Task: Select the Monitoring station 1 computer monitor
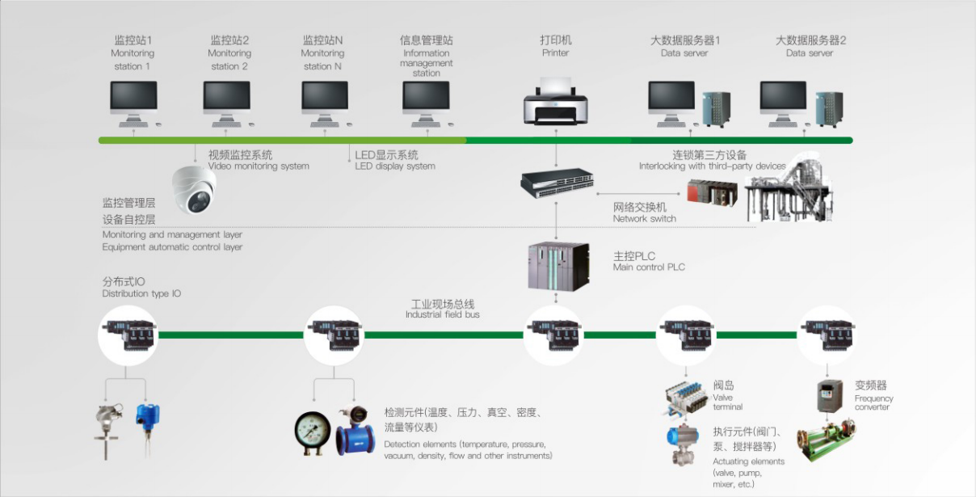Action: coord(134,99)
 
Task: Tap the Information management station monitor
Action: coord(426,99)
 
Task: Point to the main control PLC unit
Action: coord(557,265)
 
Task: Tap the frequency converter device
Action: coord(831,395)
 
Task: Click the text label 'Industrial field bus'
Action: coord(442,314)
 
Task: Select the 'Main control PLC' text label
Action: coord(649,267)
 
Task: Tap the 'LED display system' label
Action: coord(395,166)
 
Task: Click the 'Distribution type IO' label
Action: coord(141,294)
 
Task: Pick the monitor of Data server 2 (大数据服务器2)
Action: coord(784,99)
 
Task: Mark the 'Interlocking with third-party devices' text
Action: coord(712,166)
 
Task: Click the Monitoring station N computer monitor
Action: coord(325,99)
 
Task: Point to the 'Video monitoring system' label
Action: coord(259,166)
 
